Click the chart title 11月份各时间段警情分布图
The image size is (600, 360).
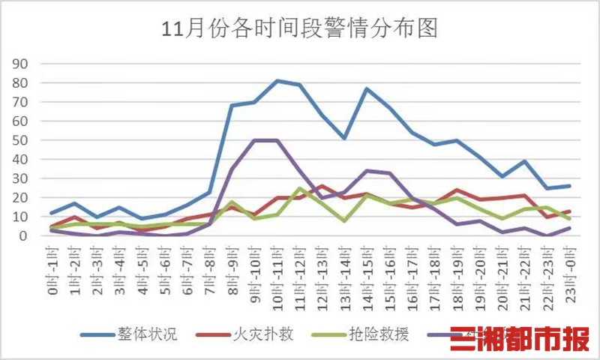[x=300, y=29]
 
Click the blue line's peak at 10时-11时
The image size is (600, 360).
[x=277, y=80]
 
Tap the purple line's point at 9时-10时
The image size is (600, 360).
[x=255, y=140]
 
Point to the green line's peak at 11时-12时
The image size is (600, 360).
[x=300, y=188]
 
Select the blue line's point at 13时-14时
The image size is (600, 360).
[x=345, y=138]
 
